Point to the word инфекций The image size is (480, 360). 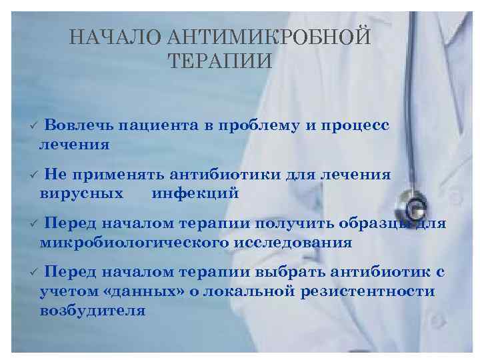click(x=195, y=193)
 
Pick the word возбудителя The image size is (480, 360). click(x=92, y=310)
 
